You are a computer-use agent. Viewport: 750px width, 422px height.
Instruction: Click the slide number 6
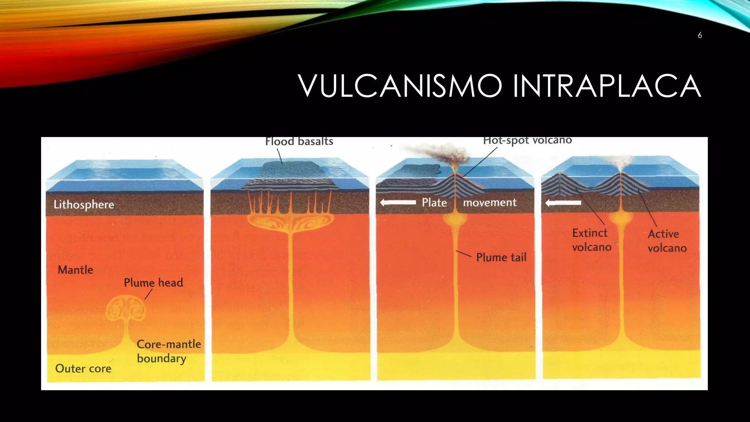pos(699,35)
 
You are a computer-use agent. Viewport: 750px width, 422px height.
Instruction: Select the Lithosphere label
pos(84,204)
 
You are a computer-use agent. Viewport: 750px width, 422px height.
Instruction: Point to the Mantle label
pos(75,270)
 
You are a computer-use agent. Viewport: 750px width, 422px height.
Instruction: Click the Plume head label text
pos(153,282)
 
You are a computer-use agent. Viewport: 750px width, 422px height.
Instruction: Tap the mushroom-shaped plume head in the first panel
pos(126,308)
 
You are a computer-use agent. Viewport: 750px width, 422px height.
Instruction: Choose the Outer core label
pos(83,369)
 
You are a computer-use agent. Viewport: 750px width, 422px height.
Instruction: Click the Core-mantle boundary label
pos(169,351)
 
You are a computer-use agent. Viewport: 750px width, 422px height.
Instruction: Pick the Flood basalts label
pos(299,141)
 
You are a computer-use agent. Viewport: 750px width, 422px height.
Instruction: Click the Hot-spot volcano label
pos(527,140)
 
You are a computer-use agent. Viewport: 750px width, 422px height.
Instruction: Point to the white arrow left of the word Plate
pos(398,202)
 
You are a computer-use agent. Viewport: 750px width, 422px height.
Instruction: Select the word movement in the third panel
pos(490,202)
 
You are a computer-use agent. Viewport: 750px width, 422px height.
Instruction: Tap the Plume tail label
pos(501,257)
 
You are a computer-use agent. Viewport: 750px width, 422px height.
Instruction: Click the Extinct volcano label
pos(591,240)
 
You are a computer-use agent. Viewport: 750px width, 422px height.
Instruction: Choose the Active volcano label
pos(667,241)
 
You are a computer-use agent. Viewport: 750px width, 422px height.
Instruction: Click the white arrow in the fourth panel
pos(563,203)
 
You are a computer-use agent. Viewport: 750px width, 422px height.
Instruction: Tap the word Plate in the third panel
pos(434,202)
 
